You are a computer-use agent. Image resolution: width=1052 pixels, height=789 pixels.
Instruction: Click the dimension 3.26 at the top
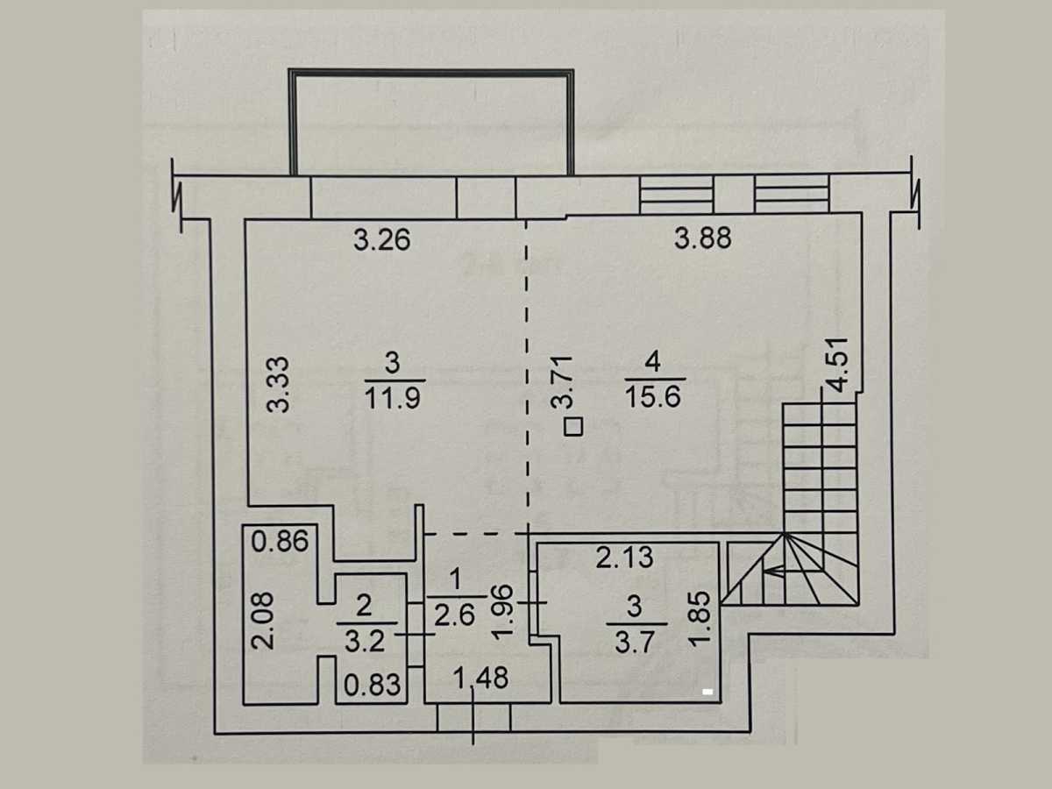pos(381,239)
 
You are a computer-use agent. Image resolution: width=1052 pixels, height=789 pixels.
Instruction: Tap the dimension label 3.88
pos(702,237)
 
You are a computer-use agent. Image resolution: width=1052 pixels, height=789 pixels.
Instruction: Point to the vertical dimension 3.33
pos(279,384)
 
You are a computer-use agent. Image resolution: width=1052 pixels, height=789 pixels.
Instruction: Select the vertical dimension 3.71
pos(563,381)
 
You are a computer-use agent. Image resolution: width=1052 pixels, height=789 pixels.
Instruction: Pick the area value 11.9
pos(394,397)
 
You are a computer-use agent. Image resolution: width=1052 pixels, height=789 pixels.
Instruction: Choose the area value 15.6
pos(654,397)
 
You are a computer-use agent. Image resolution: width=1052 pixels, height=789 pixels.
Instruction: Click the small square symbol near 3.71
pos(573,427)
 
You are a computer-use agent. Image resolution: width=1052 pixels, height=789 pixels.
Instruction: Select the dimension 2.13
pos(624,558)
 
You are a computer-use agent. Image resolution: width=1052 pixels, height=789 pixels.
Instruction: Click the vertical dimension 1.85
pos(698,618)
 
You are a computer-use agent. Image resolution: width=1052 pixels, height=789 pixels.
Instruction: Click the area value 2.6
pos(456,616)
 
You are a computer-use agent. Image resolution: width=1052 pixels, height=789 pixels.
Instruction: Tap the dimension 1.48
pos(481,679)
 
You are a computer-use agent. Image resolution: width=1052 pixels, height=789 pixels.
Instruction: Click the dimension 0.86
pos(280,542)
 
